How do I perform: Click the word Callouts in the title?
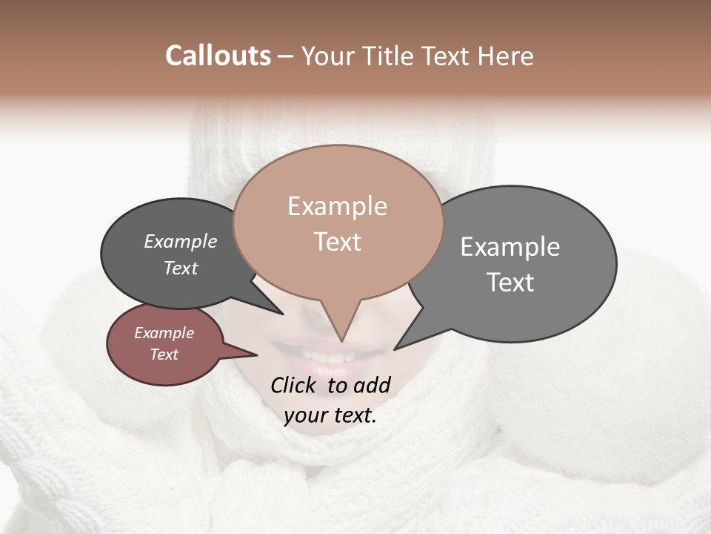(218, 56)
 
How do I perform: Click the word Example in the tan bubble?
(337, 206)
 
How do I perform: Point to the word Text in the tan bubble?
(338, 242)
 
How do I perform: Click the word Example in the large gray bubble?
(510, 247)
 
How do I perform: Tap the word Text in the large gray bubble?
(510, 283)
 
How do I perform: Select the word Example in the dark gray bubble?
(181, 241)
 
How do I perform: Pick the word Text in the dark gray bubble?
(181, 268)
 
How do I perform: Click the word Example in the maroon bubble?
(164, 333)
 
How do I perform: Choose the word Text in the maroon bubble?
(164, 355)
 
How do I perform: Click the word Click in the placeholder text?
(294, 385)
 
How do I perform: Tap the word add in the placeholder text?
(373, 385)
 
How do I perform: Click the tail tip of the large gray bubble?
(395, 349)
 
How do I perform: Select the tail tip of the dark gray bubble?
(282, 314)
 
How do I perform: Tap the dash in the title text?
(286, 56)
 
